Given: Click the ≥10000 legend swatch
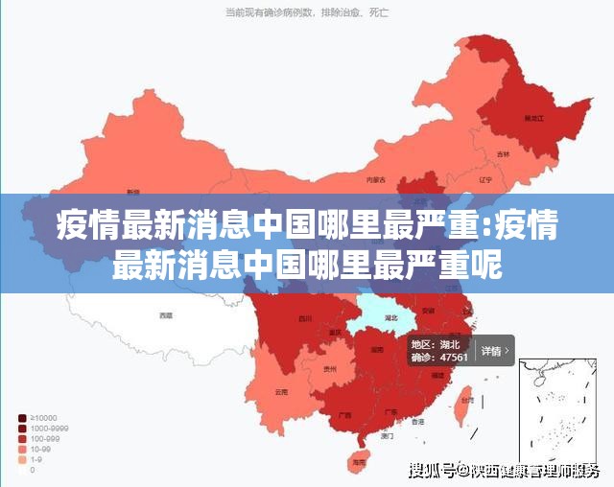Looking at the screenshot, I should [x=21, y=417].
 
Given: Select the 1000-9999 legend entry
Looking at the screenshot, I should [x=42, y=428].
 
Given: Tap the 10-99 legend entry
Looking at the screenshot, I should [x=39, y=449].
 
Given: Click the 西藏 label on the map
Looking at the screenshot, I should [x=166, y=314].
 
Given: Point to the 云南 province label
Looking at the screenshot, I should [x=280, y=391].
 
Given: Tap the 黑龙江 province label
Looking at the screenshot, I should [x=533, y=117].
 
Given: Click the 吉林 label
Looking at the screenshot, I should [x=504, y=154].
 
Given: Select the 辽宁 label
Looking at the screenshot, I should [x=484, y=179].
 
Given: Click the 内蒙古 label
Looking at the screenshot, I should [x=376, y=179].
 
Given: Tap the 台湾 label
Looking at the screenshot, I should [x=466, y=400].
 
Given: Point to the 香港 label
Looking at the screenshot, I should [x=417, y=421].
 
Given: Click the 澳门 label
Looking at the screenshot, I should [x=387, y=435].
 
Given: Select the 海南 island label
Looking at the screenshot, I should [x=359, y=462].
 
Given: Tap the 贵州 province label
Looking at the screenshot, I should [x=330, y=369].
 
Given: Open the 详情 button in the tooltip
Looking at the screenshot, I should [x=494, y=351].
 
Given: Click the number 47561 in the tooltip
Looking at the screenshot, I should [x=453, y=358].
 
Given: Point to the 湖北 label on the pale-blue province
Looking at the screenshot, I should [x=391, y=316].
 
